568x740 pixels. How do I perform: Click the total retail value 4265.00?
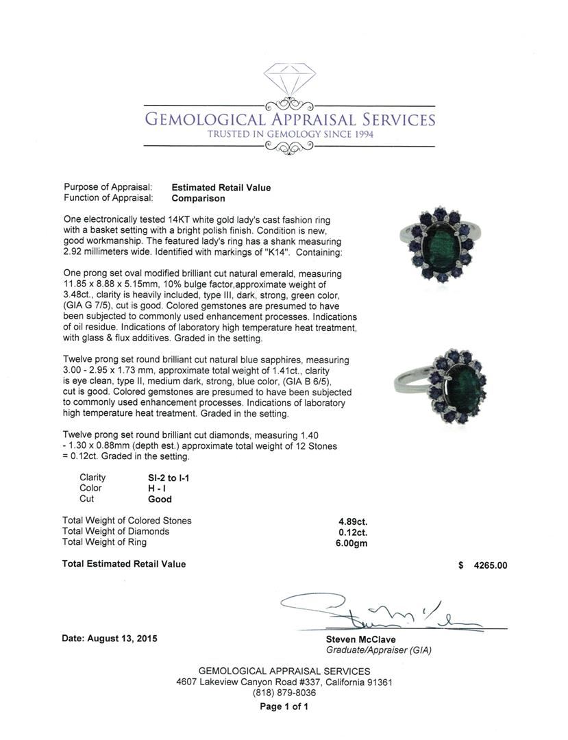489,565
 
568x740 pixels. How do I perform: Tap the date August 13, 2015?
110,638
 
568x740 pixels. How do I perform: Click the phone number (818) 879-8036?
284,693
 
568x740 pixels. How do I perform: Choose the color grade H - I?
149,488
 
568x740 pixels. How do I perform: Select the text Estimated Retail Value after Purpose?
221,187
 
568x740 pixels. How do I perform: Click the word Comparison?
198,198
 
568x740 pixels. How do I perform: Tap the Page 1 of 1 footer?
284,706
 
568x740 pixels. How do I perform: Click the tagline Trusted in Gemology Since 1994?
290,135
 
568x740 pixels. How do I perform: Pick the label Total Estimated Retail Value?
123,564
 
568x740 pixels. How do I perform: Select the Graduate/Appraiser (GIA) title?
378,650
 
